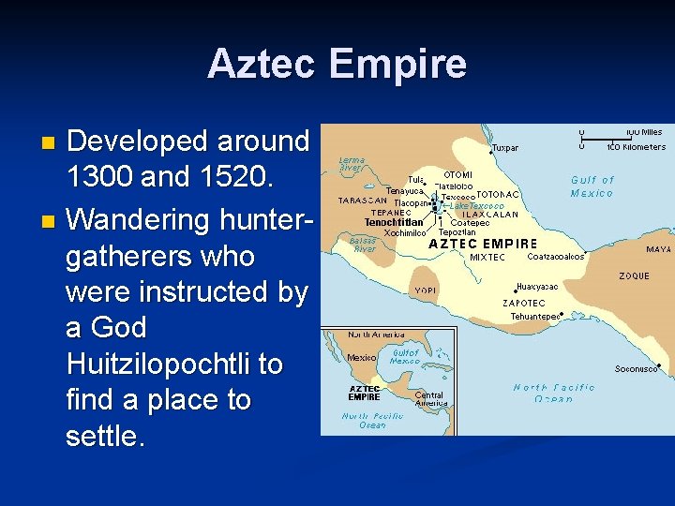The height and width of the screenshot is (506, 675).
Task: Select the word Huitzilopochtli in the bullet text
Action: point(174,364)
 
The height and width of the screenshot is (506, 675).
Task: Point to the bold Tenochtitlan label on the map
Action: point(394,222)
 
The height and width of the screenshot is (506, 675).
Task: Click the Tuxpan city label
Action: point(504,147)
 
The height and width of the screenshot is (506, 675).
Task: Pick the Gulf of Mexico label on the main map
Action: point(592,186)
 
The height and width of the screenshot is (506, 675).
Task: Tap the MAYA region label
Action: point(658,249)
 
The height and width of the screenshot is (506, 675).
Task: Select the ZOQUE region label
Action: point(634,276)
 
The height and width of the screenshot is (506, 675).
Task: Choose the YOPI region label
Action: point(425,290)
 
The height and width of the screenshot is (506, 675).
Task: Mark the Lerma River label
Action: point(352,164)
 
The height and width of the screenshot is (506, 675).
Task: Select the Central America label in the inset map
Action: point(429,398)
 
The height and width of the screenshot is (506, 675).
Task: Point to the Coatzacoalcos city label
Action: point(557,256)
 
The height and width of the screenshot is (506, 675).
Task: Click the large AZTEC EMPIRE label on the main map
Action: point(482,243)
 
